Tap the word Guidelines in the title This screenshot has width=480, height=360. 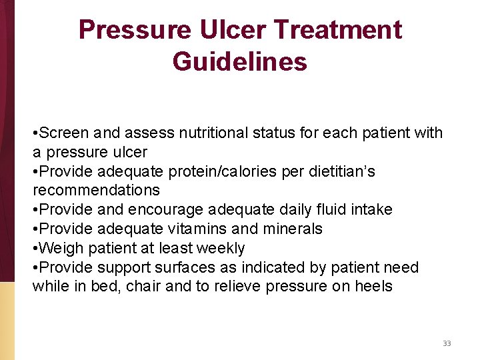tap(240, 61)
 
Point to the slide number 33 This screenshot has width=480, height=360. tap(447, 343)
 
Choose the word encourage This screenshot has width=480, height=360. tap(167, 209)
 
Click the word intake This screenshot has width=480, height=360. tap(370, 209)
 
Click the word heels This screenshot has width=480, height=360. tap(372, 287)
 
